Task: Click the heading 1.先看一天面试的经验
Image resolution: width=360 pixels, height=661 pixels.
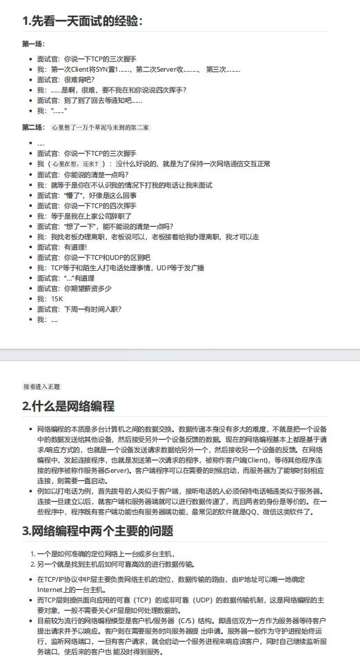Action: click(x=83, y=21)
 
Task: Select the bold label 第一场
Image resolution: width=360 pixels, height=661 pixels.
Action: click(x=33, y=43)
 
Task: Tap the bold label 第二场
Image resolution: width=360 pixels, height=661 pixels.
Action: click(x=33, y=128)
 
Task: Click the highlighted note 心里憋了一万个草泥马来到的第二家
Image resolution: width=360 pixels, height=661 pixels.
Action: click(x=101, y=128)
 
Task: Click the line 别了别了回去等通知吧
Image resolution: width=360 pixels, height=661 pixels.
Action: click(x=90, y=100)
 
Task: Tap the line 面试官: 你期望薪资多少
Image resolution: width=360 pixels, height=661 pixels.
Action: click(x=74, y=288)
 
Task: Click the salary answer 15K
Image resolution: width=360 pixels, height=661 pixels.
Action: click(x=57, y=299)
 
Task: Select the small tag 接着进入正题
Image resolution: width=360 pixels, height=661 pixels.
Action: click(x=41, y=387)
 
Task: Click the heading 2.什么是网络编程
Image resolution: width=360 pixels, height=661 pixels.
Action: click(x=68, y=406)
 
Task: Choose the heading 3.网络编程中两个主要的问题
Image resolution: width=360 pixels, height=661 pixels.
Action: click(x=97, y=531)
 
